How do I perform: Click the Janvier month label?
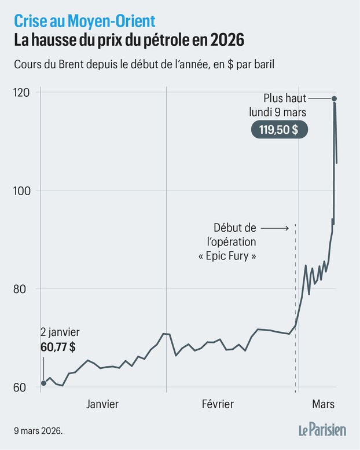point(102,404)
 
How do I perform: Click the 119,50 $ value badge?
point(279,129)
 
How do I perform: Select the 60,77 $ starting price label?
point(58,347)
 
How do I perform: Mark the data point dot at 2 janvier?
point(44,383)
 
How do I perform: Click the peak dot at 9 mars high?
point(335,98)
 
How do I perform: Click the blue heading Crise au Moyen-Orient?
point(85,21)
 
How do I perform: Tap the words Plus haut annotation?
point(285,98)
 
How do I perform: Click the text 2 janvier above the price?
point(60,332)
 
